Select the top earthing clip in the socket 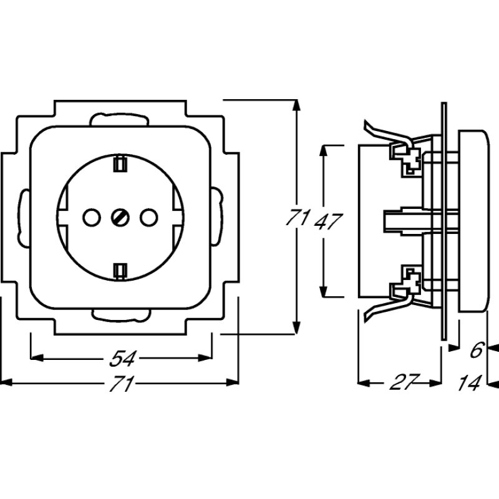pos(120,164)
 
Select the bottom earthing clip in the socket pos(120,269)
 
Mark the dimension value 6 pos(476,351)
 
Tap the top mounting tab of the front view pos(120,119)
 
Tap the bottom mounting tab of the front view pos(120,314)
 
